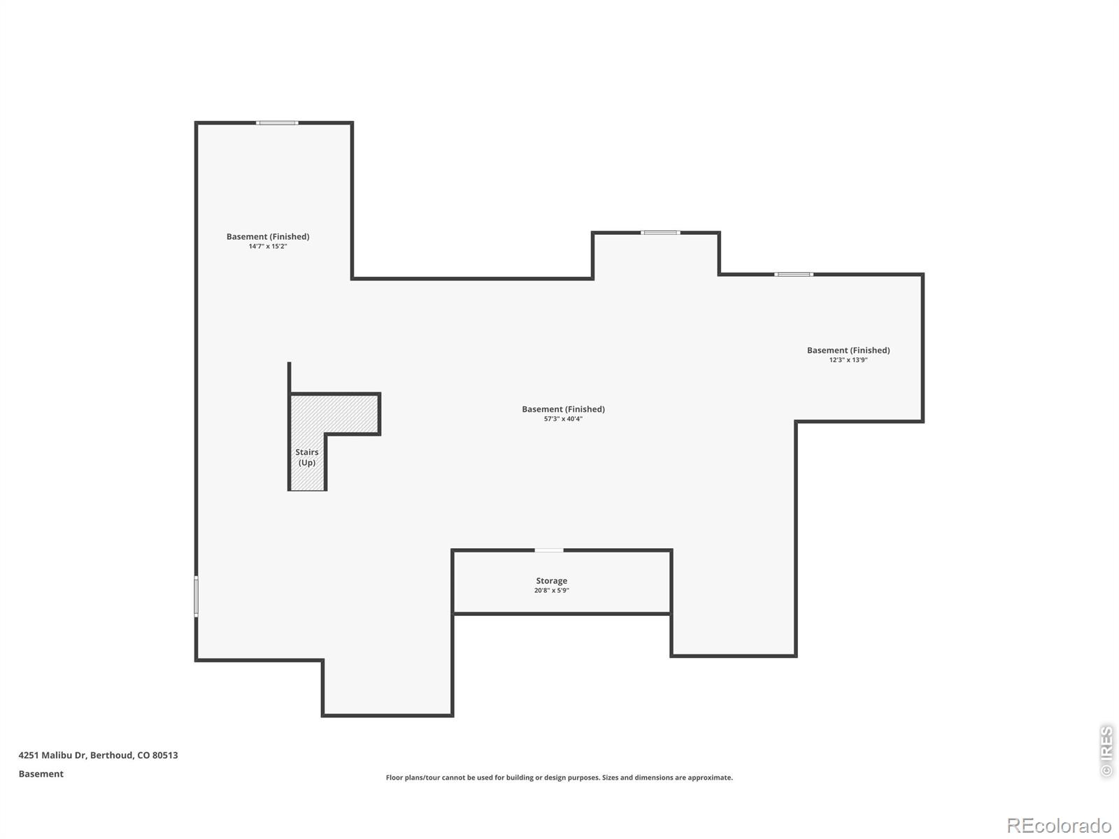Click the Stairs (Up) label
306,457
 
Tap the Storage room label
551,581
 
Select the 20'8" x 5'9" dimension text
551,590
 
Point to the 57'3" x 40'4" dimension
563,419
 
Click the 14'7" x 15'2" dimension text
268,246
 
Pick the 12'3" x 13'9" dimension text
848,359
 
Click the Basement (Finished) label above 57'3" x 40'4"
563,409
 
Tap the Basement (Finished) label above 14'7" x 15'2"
268,236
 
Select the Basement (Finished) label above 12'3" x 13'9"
848,350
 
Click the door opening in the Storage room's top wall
548,550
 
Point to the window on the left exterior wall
197,596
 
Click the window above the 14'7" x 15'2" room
277,123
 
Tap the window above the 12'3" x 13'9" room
793,275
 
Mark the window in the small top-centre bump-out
660,233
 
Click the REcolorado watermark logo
1059,825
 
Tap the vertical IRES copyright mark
1106,751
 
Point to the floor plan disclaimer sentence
559,777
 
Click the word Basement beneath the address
41,774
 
